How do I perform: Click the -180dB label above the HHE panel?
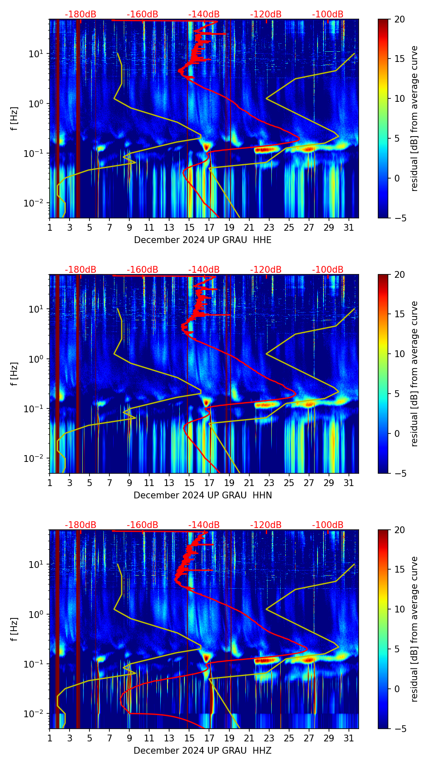click(x=81, y=14)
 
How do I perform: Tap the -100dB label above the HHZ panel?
click(x=328, y=525)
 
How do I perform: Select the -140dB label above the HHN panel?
click(x=204, y=270)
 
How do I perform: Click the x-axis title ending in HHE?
click(x=203, y=240)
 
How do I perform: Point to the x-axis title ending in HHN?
click(x=203, y=495)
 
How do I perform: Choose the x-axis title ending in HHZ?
click(x=203, y=751)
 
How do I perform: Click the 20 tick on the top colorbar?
click(x=400, y=20)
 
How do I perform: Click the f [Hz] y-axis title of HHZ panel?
click(x=15, y=629)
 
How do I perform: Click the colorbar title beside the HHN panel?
click(x=414, y=374)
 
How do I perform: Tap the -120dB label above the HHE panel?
click(x=266, y=14)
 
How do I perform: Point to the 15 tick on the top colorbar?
click(x=400, y=59)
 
